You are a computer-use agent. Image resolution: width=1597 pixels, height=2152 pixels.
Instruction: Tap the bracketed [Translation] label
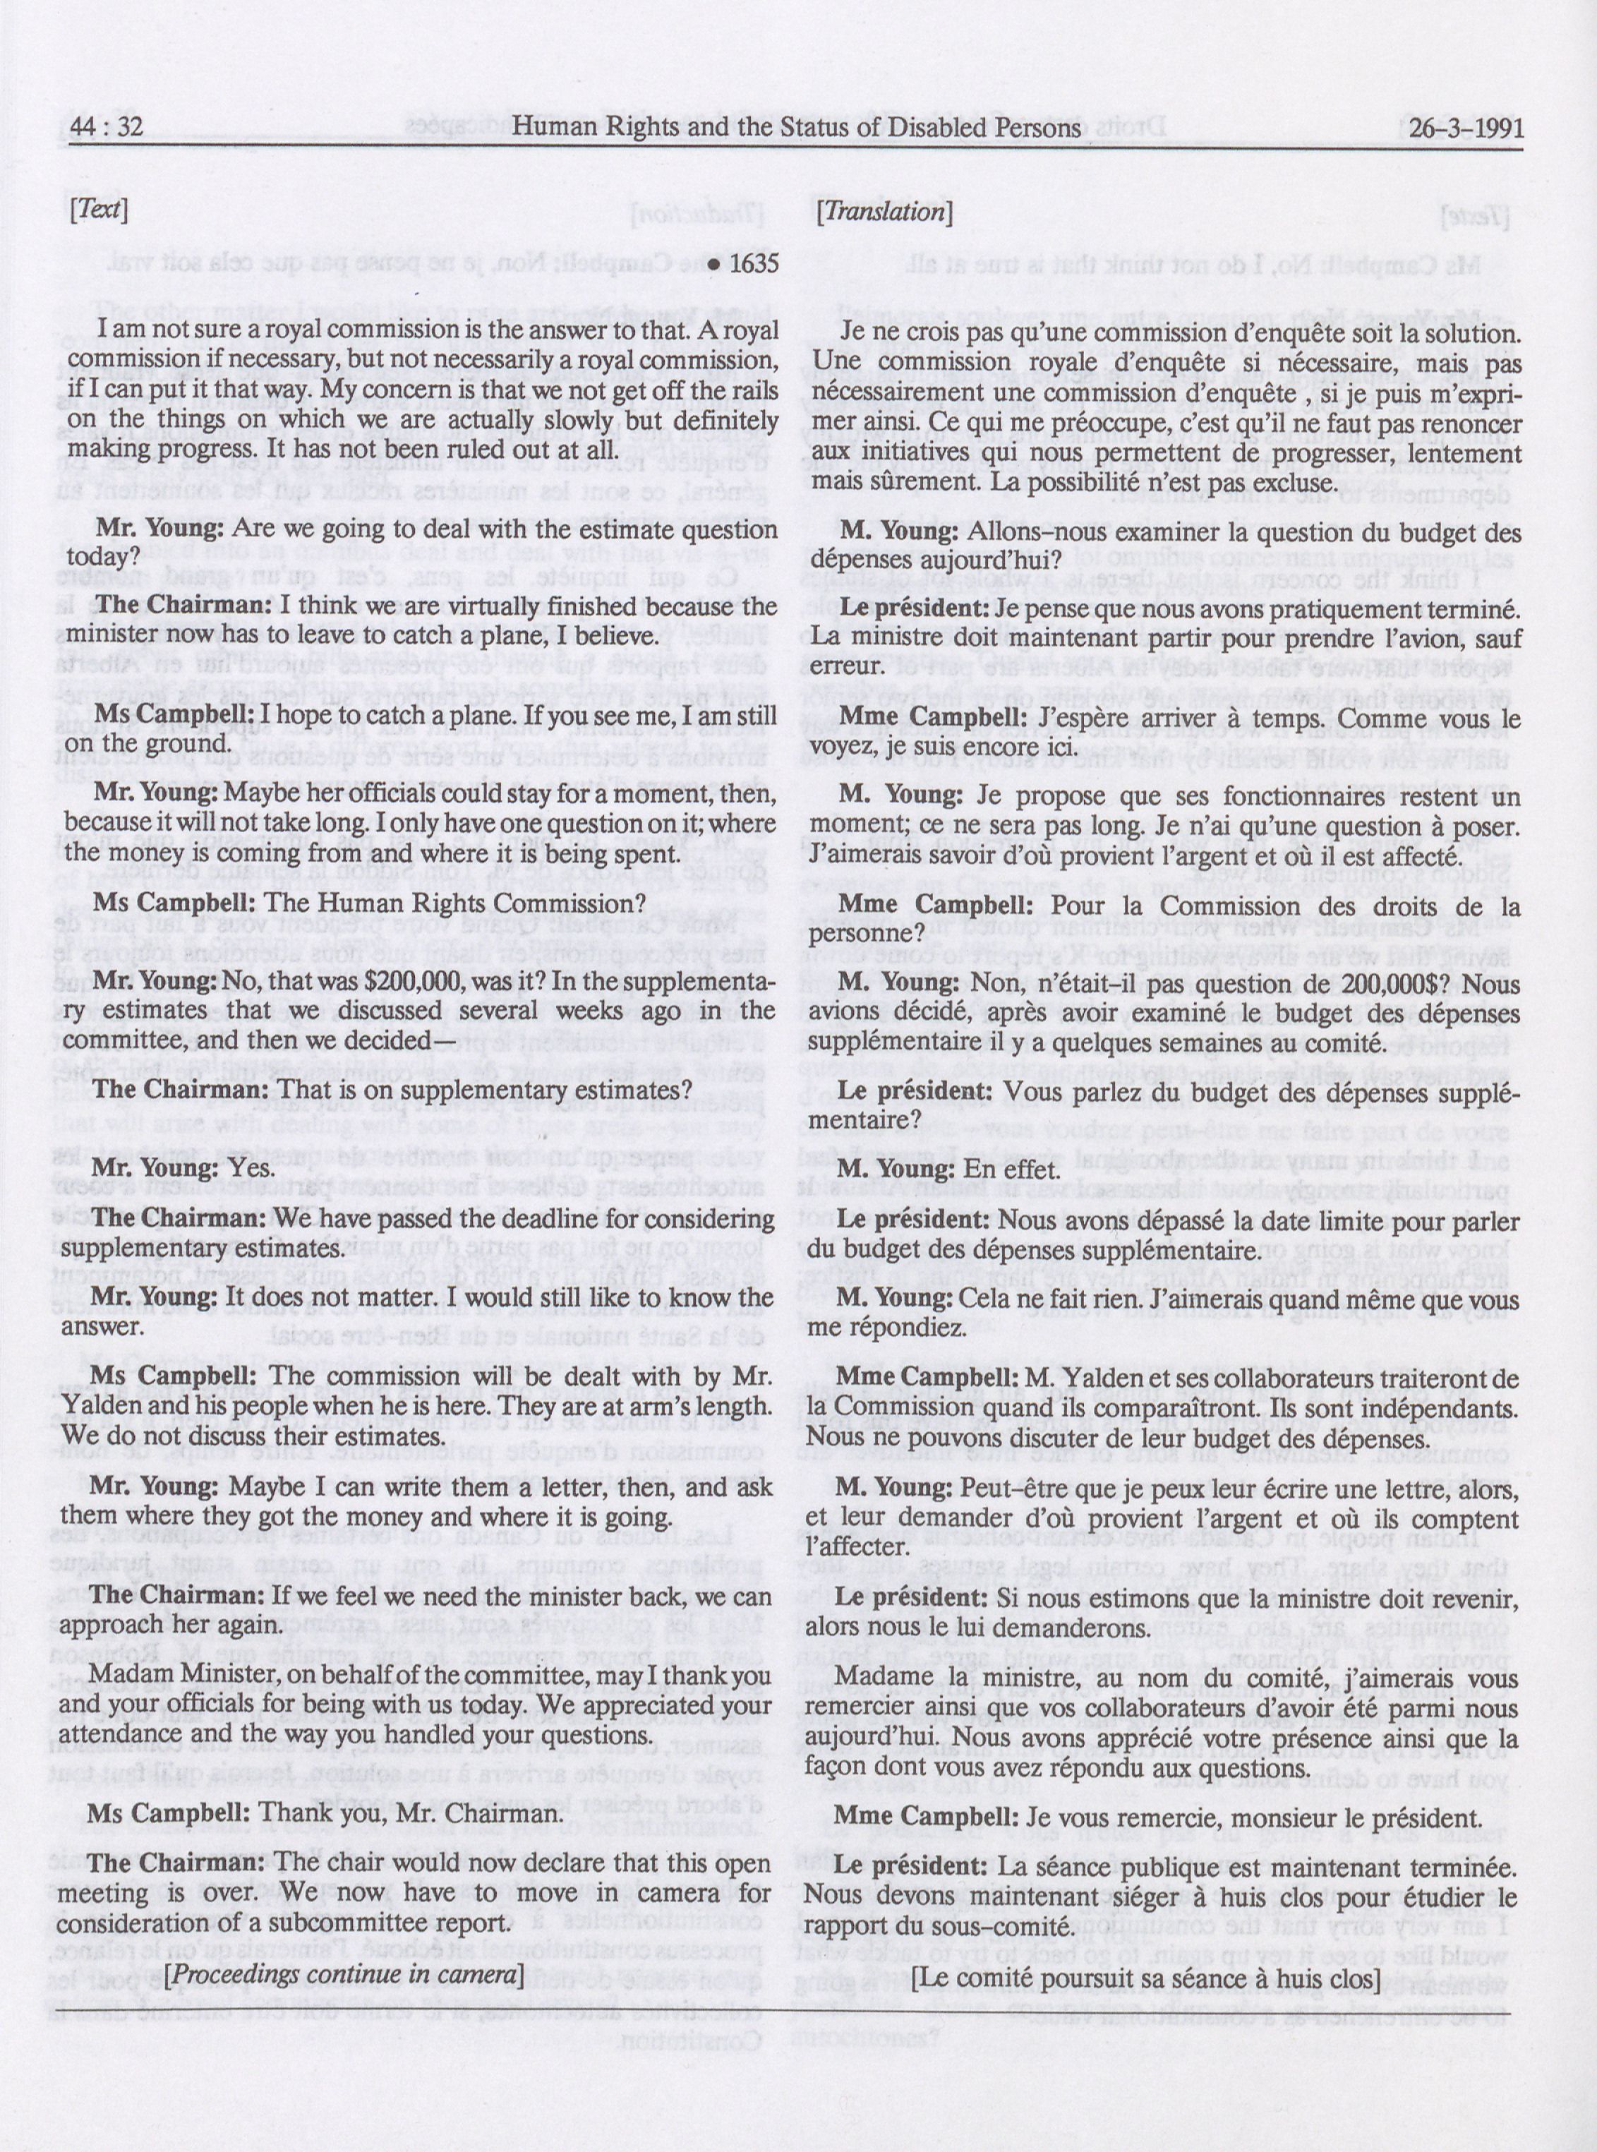(884, 212)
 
